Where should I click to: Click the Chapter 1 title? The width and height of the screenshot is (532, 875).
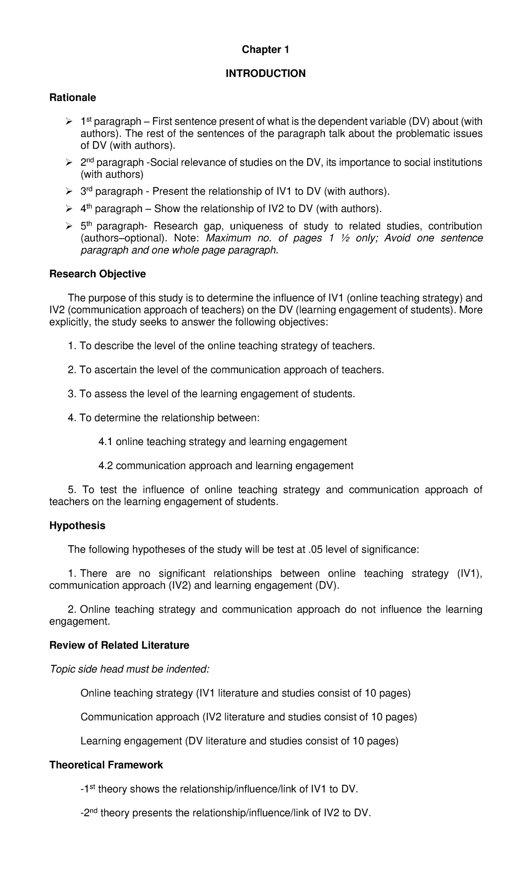265,50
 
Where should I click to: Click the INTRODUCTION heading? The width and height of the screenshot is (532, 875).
265,74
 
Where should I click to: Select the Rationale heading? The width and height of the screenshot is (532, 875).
72,97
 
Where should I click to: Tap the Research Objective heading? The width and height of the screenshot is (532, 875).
97,274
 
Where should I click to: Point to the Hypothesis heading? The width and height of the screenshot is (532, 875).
77,526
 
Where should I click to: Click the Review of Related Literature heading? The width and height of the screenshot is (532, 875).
119,645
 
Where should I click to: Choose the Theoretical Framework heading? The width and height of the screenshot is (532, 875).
106,765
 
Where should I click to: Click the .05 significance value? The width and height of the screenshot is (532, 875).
314,550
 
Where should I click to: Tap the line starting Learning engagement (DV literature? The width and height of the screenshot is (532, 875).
239,741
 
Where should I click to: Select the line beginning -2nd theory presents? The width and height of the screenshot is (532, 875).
225,813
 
